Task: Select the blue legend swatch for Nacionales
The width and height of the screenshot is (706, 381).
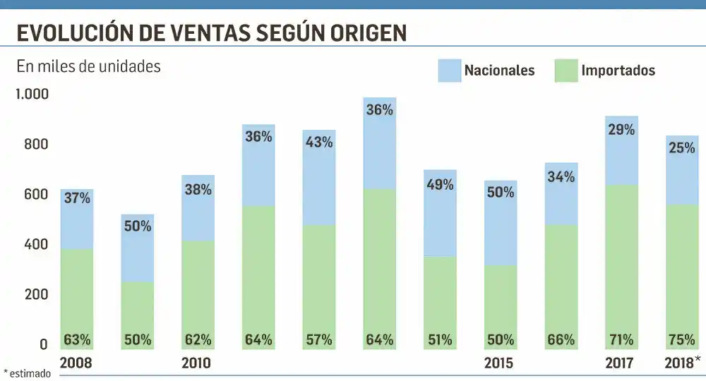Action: tap(449, 71)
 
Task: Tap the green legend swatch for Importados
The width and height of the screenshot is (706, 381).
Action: tap(566, 71)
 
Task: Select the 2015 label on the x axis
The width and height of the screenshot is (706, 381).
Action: tap(498, 364)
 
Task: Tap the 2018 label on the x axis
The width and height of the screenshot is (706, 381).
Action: tap(679, 364)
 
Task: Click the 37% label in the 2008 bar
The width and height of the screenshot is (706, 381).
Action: tap(77, 198)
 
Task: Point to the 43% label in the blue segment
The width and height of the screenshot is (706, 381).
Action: tap(318, 142)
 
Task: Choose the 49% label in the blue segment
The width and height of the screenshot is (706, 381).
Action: tap(440, 185)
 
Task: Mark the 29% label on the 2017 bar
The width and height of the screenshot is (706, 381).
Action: tap(621, 130)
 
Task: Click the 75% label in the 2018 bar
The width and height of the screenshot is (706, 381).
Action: tap(682, 340)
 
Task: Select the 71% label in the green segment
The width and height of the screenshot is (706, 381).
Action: tap(621, 340)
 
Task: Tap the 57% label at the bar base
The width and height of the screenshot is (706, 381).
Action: tap(318, 340)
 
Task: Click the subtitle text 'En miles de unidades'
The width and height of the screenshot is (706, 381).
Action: tap(88, 67)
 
